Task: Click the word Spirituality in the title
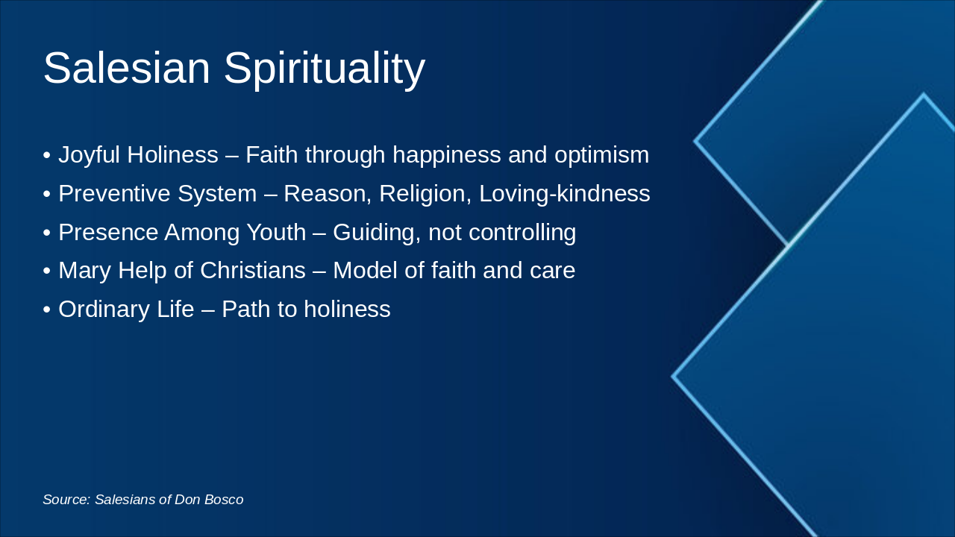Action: (325, 69)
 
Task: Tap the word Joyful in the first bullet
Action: (89, 155)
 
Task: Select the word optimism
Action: (601, 155)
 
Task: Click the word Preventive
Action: (114, 194)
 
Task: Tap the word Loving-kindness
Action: (564, 194)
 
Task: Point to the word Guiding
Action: (377, 233)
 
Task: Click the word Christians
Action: (253, 270)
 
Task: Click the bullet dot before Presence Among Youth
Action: (47, 233)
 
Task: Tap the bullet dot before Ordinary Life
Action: (47, 310)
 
